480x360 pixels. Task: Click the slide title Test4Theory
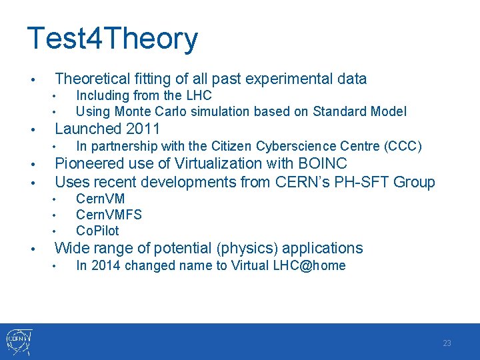pyautogui.click(x=112, y=39)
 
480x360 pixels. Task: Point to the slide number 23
pyautogui.click(x=447, y=343)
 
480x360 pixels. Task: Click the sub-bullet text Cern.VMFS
pyautogui.click(x=109, y=215)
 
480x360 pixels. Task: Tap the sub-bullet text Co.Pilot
pyautogui.click(x=97, y=231)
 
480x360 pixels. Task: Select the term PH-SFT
pyautogui.click(x=366, y=182)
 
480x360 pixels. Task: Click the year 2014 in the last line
pyautogui.click(x=107, y=266)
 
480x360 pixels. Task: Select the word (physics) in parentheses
pyautogui.click(x=247, y=249)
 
